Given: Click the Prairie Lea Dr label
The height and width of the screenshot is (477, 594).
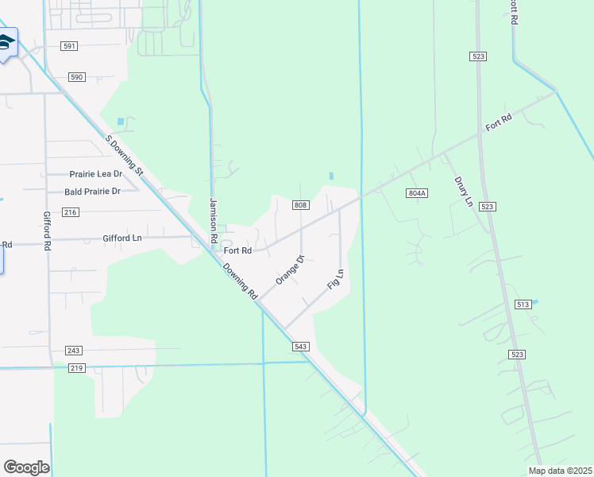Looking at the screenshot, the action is (x=96, y=173).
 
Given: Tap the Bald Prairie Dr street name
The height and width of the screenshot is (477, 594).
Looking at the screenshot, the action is (x=92, y=191).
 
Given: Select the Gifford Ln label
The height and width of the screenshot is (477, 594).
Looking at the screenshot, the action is (x=121, y=238).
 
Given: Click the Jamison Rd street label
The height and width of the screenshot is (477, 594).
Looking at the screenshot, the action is (x=213, y=220).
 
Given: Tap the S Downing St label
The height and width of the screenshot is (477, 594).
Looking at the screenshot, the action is (x=124, y=156).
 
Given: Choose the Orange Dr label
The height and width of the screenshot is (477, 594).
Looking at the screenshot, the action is (x=290, y=270).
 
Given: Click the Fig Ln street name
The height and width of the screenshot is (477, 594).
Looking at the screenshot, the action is (x=336, y=279).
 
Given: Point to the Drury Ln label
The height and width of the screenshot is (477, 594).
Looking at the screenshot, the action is (x=463, y=192).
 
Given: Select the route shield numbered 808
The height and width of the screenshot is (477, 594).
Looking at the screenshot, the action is (x=300, y=205).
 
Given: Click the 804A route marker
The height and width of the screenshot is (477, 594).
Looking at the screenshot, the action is (x=417, y=193).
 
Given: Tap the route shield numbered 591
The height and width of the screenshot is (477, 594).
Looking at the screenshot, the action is (x=69, y=46).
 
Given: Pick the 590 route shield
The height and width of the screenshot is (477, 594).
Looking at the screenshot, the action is (x=75, y=77).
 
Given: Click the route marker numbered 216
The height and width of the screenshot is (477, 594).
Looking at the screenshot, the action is (x=70, y=211).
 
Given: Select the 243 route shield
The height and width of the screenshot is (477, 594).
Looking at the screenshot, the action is (x=74, y=351).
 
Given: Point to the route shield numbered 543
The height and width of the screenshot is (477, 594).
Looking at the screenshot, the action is (x=300, y=347).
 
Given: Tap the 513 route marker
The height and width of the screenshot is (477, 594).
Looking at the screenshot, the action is (x=523, y=304).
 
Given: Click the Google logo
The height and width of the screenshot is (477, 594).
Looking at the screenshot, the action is (x=26, y=467).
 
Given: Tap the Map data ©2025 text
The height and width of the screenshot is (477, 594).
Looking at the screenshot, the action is (x=559, y=471).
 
